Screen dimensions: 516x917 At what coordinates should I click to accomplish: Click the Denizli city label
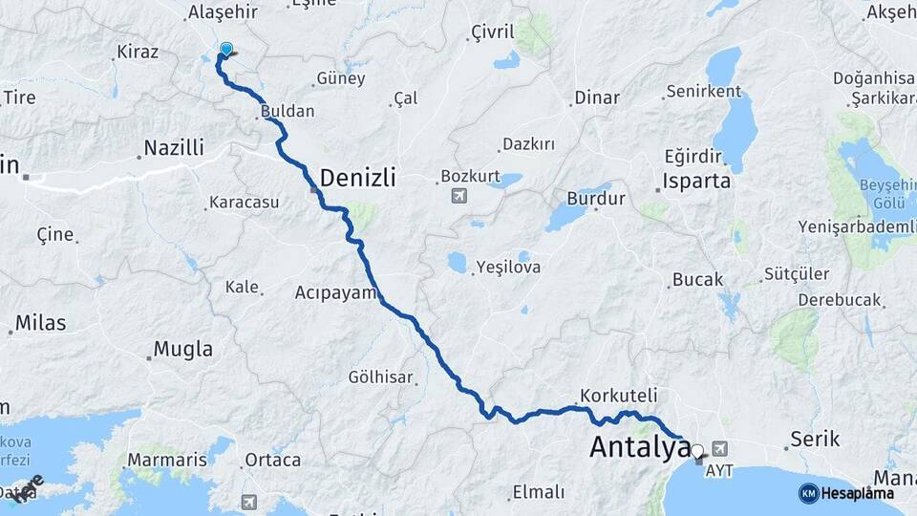(357, 178)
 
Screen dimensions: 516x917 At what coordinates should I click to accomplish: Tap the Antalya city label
(639, 446)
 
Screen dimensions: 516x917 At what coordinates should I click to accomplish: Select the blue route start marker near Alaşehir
(226, 49)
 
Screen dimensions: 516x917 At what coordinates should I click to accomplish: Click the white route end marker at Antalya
(697, 451)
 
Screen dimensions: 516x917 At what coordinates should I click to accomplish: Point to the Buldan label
(288, 112)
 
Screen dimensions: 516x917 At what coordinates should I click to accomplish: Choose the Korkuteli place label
(618, 395)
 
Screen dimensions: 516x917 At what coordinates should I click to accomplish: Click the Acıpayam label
(336, 292)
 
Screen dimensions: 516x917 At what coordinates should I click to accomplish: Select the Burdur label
(595, 200)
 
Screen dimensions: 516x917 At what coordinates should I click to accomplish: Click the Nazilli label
(174, 148)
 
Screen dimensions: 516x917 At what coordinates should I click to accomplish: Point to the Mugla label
(183, 350)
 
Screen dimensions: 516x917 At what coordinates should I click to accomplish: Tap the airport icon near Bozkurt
(460, 196)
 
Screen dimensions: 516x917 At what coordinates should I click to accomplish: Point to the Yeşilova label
(508, 268)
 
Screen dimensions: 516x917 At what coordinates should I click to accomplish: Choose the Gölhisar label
(381, 377)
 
